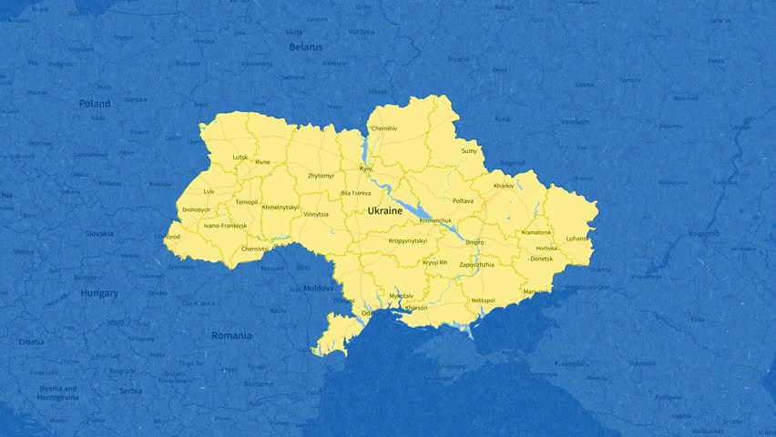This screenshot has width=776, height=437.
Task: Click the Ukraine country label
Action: pyautogui.click(x=384, y=210)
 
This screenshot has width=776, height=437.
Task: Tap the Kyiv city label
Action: pyautogui.click(x=366, y=168)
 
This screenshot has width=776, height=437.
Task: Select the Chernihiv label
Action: pyautogui.click(x=383, y=128)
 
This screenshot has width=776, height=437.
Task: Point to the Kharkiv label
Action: pyautogui.click(x=504, y=186)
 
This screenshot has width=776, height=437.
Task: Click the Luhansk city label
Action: pyautogui.click(x=577, y=239)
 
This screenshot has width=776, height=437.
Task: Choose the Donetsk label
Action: pyautogui.click(x=541, y=259)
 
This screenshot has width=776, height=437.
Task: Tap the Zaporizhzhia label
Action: pyautogui.click(x=477, y=264)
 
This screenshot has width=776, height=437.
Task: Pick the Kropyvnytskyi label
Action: pyautogui.click(x=408, y=240)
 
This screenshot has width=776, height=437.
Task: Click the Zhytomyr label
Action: pyautogui.click(x=321, y=175)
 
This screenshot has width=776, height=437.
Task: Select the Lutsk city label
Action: pyautogui.click(x=240, y=157)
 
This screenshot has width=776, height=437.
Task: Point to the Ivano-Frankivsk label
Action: pyautogui.click(x=225, y=225)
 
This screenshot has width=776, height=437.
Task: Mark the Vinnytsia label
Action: pyautogui.click(x=316, y=214)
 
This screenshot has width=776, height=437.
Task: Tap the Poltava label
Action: pyautogui.click(x=463, y=200)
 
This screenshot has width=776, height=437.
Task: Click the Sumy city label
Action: pyautogui.click(x=469, y=150)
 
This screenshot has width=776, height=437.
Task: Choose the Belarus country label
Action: pyautogui.click(x=306, y=46)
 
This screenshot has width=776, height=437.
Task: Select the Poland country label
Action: pyautogui.click(x=95, y=104)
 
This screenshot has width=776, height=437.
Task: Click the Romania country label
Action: pyautogui.click(x=231, y=335)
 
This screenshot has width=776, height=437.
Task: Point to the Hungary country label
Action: pyautogui.click(x=99, y=293)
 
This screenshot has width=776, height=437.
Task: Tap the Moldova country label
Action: pyautogui.click(x=319, y=288)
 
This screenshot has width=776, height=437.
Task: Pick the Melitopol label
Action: pyautogui.click(x=484, y=300)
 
